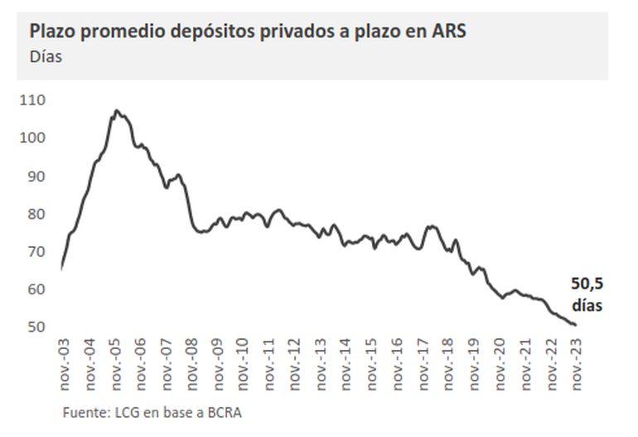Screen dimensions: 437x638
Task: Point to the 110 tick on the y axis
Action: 34,100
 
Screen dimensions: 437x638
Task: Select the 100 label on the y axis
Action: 34,138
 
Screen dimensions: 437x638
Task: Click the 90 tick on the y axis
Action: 36,176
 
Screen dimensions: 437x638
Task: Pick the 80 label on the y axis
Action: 36,214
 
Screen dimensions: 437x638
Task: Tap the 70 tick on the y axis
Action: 36,251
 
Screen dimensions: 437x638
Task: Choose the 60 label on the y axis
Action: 36,289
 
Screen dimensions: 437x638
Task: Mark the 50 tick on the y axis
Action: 36,327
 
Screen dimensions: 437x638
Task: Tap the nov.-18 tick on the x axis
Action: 449,362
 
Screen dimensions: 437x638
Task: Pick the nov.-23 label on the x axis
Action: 578,362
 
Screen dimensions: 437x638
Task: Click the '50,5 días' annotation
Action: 585,294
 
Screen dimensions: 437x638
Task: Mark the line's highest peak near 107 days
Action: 117,110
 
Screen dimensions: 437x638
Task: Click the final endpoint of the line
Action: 575,325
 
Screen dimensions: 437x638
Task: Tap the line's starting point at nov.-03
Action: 62,268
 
